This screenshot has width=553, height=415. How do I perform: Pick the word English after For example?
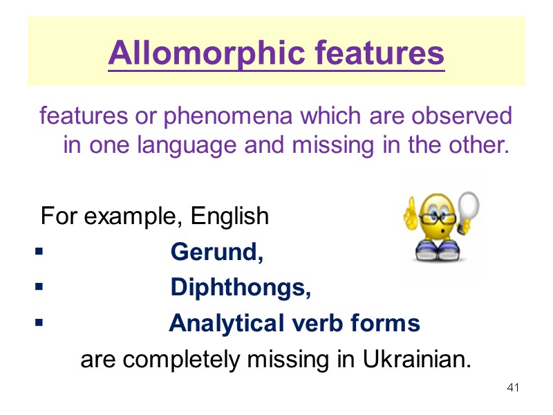229,216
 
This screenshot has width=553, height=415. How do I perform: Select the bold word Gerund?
216,252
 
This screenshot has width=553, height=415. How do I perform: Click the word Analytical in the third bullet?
224,323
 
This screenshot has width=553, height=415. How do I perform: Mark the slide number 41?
512,387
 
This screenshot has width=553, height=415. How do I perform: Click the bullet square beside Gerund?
39,251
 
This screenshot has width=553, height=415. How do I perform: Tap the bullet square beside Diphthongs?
39,286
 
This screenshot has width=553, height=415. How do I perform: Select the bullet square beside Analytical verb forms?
39,322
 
